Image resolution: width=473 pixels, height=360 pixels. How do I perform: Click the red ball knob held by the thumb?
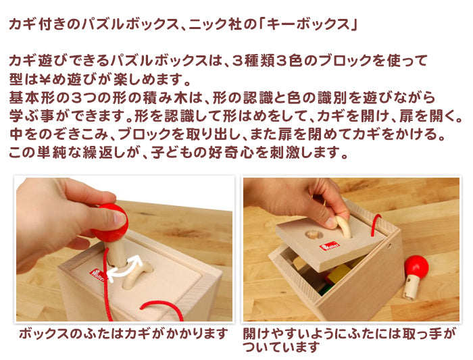coord(109,223)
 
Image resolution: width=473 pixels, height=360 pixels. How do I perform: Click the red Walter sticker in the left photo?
coord(97,276)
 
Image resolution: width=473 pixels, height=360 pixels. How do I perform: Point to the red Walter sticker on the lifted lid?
coord(330,246)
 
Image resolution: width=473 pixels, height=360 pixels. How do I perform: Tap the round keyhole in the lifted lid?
coord(314,234)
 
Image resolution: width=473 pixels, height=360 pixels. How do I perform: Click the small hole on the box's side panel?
coord(389,247)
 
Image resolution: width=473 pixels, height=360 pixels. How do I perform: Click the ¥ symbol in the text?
coord(45,79)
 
